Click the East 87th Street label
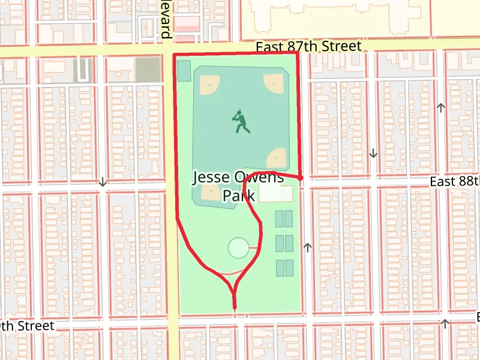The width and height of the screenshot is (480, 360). [x=308, y=46]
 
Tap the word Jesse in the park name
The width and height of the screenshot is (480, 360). [x=211, y=178]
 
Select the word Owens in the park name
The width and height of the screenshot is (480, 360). [x=260, y=178]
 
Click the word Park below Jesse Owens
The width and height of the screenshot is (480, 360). [x=239, y=196]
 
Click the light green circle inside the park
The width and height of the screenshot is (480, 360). [x=238, y=247]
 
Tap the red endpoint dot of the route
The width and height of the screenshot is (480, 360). [x=300, y=178]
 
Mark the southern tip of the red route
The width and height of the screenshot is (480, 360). [x=234, y=308]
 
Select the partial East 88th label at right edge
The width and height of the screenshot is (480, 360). [x=455, y=182]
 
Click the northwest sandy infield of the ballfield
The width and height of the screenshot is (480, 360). [x=209, y=85]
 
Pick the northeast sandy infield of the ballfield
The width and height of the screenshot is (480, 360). [x=274, y=83]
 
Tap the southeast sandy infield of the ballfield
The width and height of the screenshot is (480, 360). [x=277, y=158]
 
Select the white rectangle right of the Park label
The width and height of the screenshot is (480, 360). [x=277, y=194]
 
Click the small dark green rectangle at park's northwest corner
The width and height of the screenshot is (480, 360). [x=184, y=70]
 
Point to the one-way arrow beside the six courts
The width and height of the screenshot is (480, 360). [x=308, y=246]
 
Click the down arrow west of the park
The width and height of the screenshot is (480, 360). [x=103, y=182]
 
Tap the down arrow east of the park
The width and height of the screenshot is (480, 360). [x=373, y=153]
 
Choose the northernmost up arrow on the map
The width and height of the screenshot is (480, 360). [x=442, y=107]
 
